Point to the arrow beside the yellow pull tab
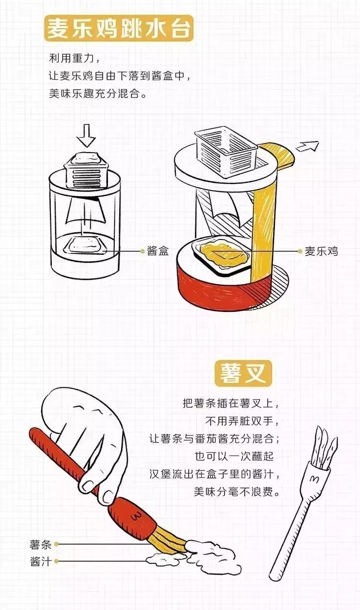tap(307, 146)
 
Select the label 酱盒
tap(158, 251)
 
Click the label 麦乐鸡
tap(321, 251)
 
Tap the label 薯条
tap(41, 544)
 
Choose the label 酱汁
tap(41, 561)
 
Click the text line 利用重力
tap(74, 59)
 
